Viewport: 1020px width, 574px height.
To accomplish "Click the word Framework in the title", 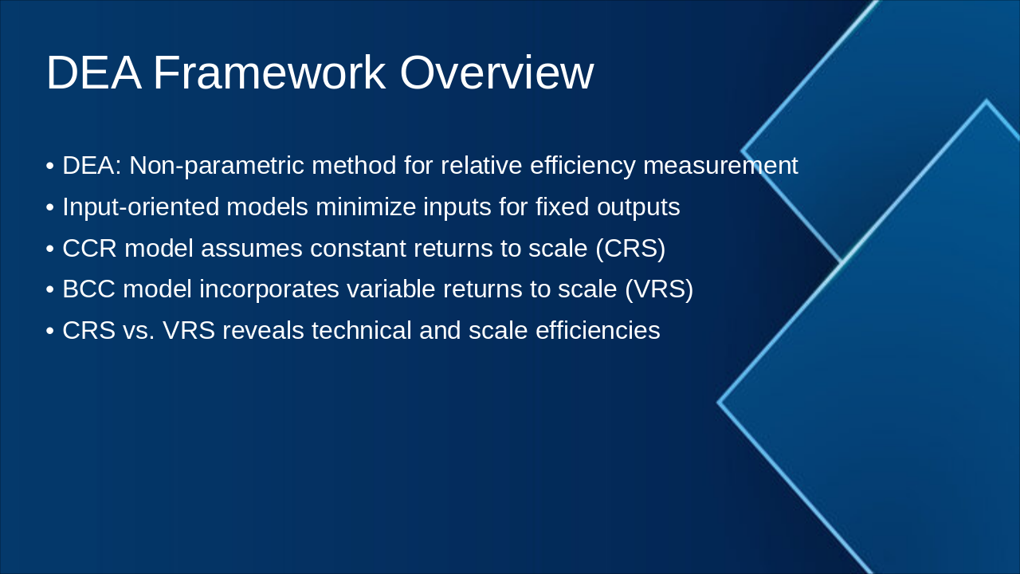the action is [x=269, y=73].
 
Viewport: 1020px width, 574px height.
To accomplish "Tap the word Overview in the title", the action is [x=496, y=73].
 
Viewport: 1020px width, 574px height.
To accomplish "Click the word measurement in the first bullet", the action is [x=720, y=165].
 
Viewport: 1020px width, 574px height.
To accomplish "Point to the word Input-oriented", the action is [x=141, y=207].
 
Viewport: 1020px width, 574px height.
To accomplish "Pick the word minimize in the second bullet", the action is [x=366, y=206].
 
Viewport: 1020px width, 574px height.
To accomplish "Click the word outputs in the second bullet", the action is [x=638, y=207].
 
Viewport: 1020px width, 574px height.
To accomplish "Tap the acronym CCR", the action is [x=90, y=248].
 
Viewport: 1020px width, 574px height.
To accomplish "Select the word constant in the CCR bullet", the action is [x=358, y=248].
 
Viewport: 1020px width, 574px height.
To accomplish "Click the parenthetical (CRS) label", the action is [x=630, y=249].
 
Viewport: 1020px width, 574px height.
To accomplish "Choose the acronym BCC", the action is [x=88, y=289].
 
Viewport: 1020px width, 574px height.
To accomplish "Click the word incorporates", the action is [x=269, y=289].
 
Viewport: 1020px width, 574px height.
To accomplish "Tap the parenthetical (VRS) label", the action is [x=659, y=289].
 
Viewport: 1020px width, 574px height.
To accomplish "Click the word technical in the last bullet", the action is [x=362, y=330].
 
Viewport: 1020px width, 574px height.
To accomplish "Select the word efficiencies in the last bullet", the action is [x=598, y=330].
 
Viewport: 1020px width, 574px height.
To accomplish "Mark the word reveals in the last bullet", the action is [x=263, y=330].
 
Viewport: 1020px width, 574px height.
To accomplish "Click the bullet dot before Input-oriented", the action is [x=50, y=208].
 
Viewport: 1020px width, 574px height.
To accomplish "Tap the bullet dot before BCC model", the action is [x=50, y=289].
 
